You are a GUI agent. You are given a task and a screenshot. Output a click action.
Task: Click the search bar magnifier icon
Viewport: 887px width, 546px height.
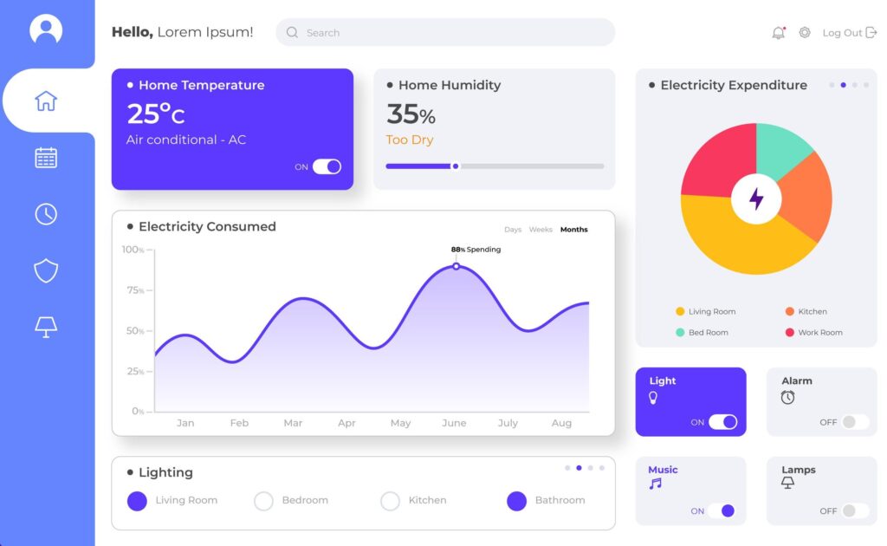(x=292, y=33)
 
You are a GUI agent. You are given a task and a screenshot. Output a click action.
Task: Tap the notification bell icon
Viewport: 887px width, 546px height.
(x=778, y=33)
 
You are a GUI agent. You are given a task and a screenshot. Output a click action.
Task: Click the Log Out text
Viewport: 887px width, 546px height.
(x=842, y=33)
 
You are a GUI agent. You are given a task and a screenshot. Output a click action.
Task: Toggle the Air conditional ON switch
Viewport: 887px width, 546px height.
(x=327, y=166)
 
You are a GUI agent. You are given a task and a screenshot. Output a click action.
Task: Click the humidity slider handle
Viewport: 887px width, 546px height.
(x=456, y=166)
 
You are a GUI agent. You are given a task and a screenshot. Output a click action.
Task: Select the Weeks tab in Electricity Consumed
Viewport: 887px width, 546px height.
(x=541, y=230)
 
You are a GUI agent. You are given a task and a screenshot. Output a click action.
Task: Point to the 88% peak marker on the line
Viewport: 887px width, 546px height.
(x=456, y=266)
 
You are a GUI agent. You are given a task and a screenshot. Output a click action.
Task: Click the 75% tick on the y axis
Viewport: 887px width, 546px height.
(x=136, y=290)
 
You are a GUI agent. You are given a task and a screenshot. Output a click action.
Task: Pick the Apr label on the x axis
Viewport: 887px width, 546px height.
(x=346, y=423)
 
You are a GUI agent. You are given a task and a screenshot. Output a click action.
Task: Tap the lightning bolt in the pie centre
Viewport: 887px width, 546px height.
(x=756, y=198)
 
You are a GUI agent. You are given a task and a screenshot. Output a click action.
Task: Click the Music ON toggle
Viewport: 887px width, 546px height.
(x=721, y=511)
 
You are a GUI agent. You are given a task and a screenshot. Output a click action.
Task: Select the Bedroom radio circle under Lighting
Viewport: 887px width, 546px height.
(x=263, y=501)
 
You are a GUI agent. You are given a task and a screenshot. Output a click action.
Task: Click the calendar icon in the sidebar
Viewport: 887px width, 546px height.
(x=46, y=158)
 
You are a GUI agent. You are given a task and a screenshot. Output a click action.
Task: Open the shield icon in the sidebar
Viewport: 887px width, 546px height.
(x=46, y=271)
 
